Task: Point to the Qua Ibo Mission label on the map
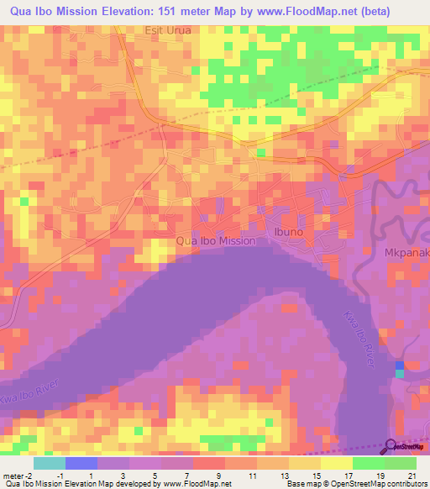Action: (x=216, y=240)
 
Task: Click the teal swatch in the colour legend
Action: (x=49, y=462)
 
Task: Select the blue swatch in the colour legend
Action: (x=81, y=462)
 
